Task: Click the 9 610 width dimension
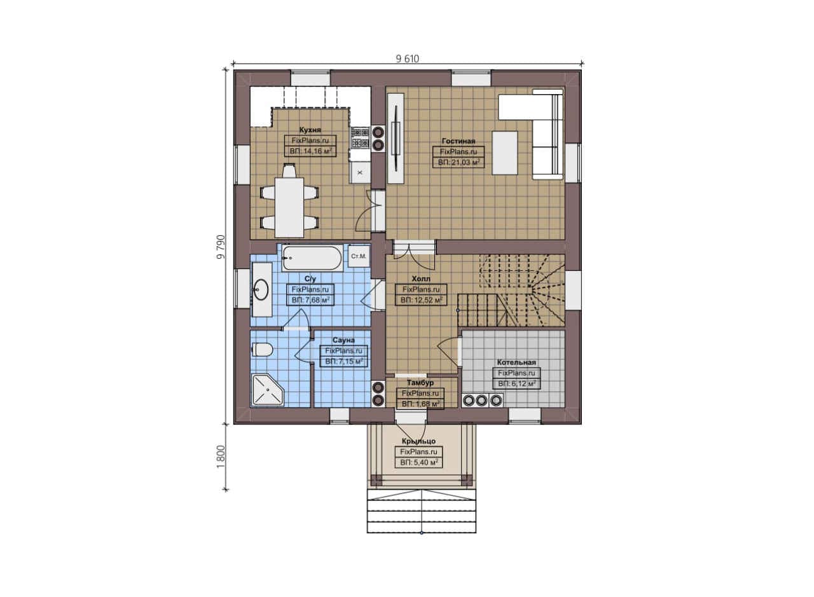tap(408, 59)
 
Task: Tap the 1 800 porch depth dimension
tap(221, 456)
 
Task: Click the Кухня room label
tap(310, 130)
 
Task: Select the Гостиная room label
tap(459, 141)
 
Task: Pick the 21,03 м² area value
tap(459, 162)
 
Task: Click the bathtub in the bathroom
tap(312, 258)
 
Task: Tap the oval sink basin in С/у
tap(261, 289)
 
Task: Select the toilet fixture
tap(262, 350)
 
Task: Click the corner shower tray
tap(268, 390)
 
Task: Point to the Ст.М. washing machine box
tap(359, 256)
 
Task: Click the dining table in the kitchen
tap(289, 207)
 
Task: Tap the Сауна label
tap(343, 340)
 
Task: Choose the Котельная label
tap(516, 362)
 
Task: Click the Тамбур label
tap(420, 383)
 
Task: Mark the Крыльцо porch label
tap(418, 441)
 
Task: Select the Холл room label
tap(421, 278)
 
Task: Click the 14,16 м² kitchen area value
tap(311, 151)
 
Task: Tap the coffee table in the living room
tap(505, 153)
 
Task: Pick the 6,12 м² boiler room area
tap(516, 384)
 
